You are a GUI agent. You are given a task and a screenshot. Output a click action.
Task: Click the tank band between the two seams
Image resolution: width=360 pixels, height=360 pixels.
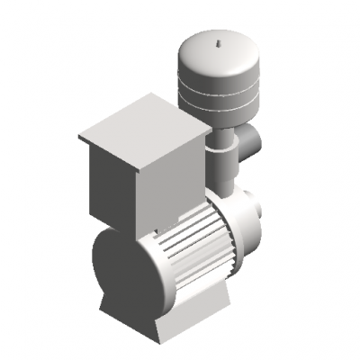[218, 99]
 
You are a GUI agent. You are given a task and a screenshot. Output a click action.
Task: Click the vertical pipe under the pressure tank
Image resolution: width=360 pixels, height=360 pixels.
[221, 171]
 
